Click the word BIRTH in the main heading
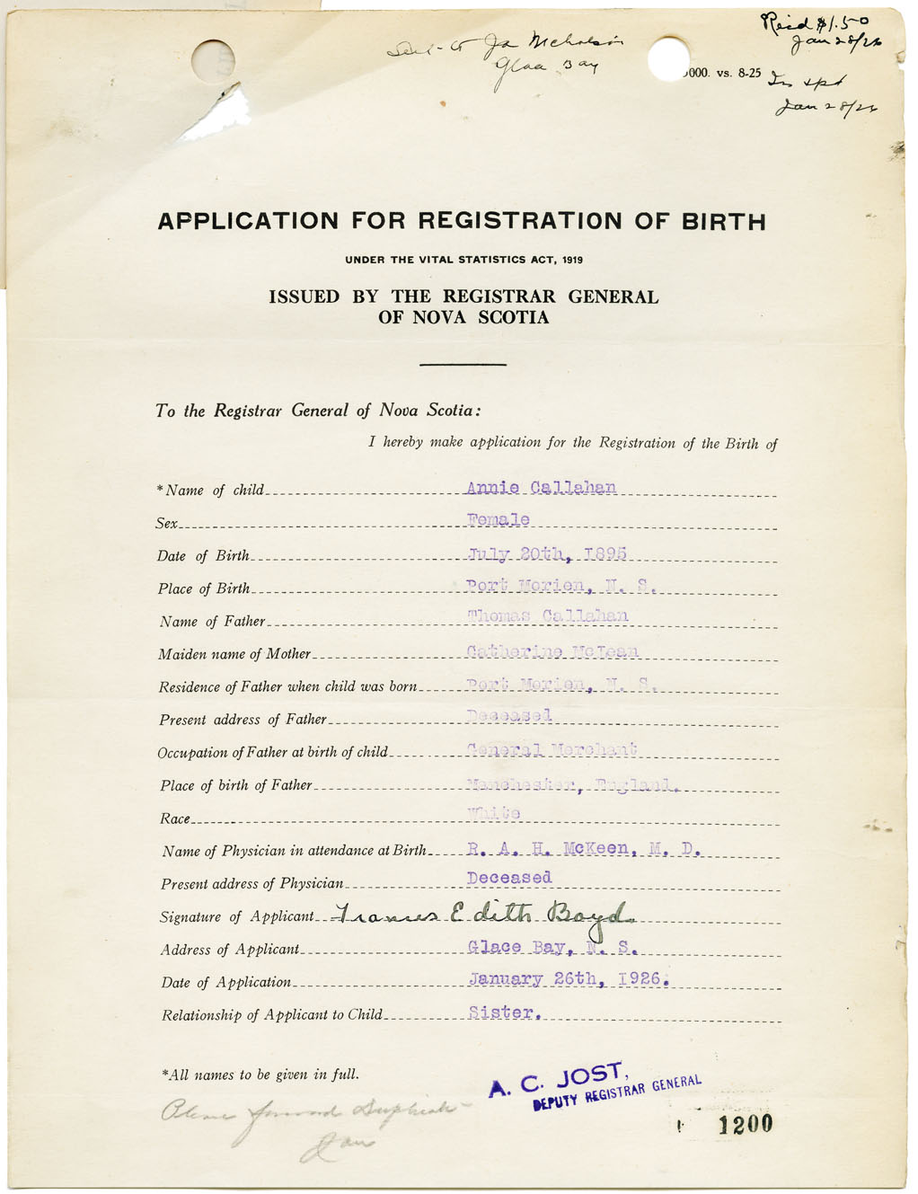pyautogui.click(x=714, y=221)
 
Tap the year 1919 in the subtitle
pyautogui.click(x=572, y=260)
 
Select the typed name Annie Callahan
pyautogui.click(x=541, y=488)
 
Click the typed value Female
pyautogui.click(x=499, y=520)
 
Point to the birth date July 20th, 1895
pyautogui.click(x=547, y=553)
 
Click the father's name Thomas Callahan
pyautogui.click(x=548, y=616)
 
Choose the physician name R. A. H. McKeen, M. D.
pyautogui.click(x=584, y=848)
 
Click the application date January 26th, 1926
pyautogui.click(x=569, y=979)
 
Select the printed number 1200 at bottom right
pyautogui.click(x=746, y=1124)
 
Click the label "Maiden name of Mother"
pyautogui.click(x=234, y=654)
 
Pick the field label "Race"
pyautogui.click(x=175, y=818)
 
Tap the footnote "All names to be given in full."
pyautogui.click(x=260, y=1075)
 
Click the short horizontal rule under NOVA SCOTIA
pyautogui.click(x=463, y=364)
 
